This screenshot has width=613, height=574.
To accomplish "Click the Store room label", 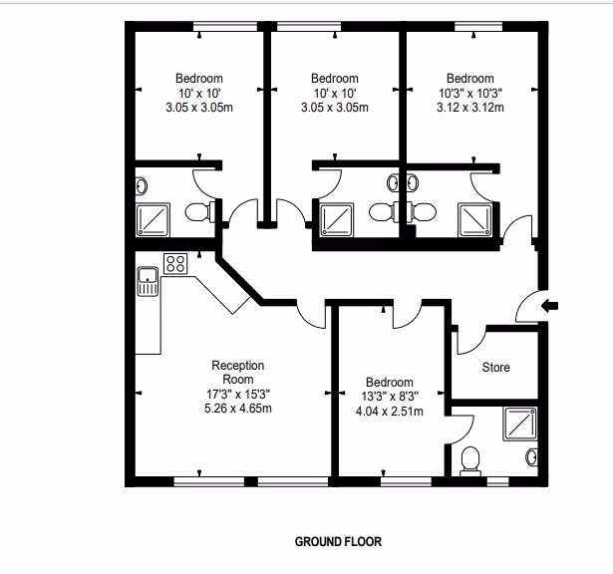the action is click(495, 368).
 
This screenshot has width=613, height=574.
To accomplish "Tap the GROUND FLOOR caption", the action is click(338, 541).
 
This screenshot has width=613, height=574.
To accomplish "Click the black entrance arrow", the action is click(549, 306).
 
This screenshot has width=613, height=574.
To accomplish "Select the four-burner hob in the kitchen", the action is click(175, 263).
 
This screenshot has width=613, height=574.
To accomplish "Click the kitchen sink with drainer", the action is click(148, 281).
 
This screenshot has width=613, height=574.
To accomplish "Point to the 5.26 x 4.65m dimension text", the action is click(238, 409).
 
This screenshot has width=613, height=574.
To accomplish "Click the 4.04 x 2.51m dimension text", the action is click(390, 412).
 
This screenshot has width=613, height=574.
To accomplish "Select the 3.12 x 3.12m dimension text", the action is click(470, 108).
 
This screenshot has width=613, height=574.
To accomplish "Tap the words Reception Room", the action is click(238, 372).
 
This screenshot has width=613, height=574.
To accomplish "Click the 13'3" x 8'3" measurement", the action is click(390, 397).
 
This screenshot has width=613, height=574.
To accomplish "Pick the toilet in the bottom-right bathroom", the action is click(470, 461).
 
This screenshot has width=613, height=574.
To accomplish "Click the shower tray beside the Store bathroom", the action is click(520, 424).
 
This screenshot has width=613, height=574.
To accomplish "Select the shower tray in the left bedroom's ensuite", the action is click(153, 219).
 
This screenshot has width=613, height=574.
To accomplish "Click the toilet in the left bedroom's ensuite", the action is click(199, 212).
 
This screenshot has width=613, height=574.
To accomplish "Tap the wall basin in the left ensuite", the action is click(141, 186).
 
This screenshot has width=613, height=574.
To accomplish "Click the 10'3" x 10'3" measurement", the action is click(470, 93).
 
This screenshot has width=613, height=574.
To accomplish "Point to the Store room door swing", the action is click(471, 341).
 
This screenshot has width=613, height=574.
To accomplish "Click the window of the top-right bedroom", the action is click(478, 26).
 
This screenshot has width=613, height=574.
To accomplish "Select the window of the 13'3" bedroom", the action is click(407, 481).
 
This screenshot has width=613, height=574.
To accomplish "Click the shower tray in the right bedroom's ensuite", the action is click(475, 219).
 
